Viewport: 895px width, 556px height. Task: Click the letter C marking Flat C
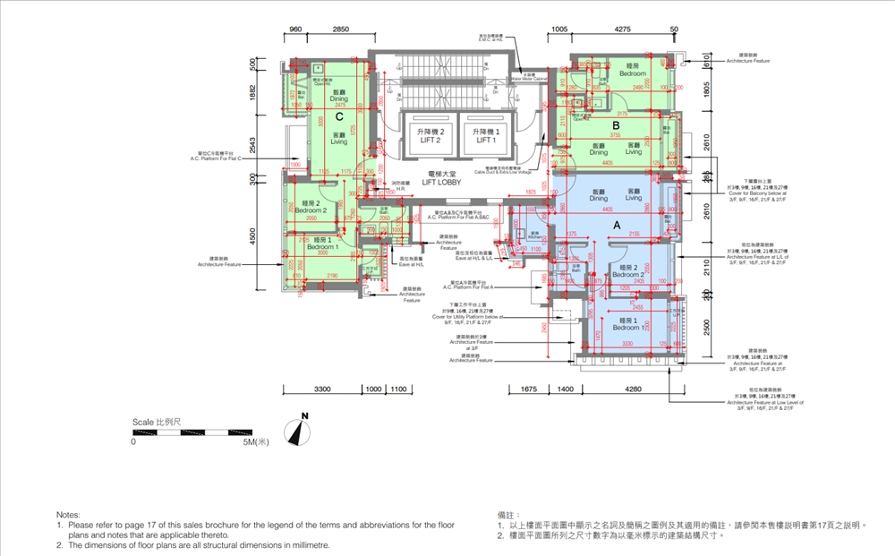(340, 116)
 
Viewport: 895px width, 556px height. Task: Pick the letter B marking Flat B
(616, 125)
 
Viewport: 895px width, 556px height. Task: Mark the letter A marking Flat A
(616, 227)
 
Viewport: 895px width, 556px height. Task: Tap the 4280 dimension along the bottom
(633, 389)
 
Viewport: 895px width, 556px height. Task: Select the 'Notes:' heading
(68, 515)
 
